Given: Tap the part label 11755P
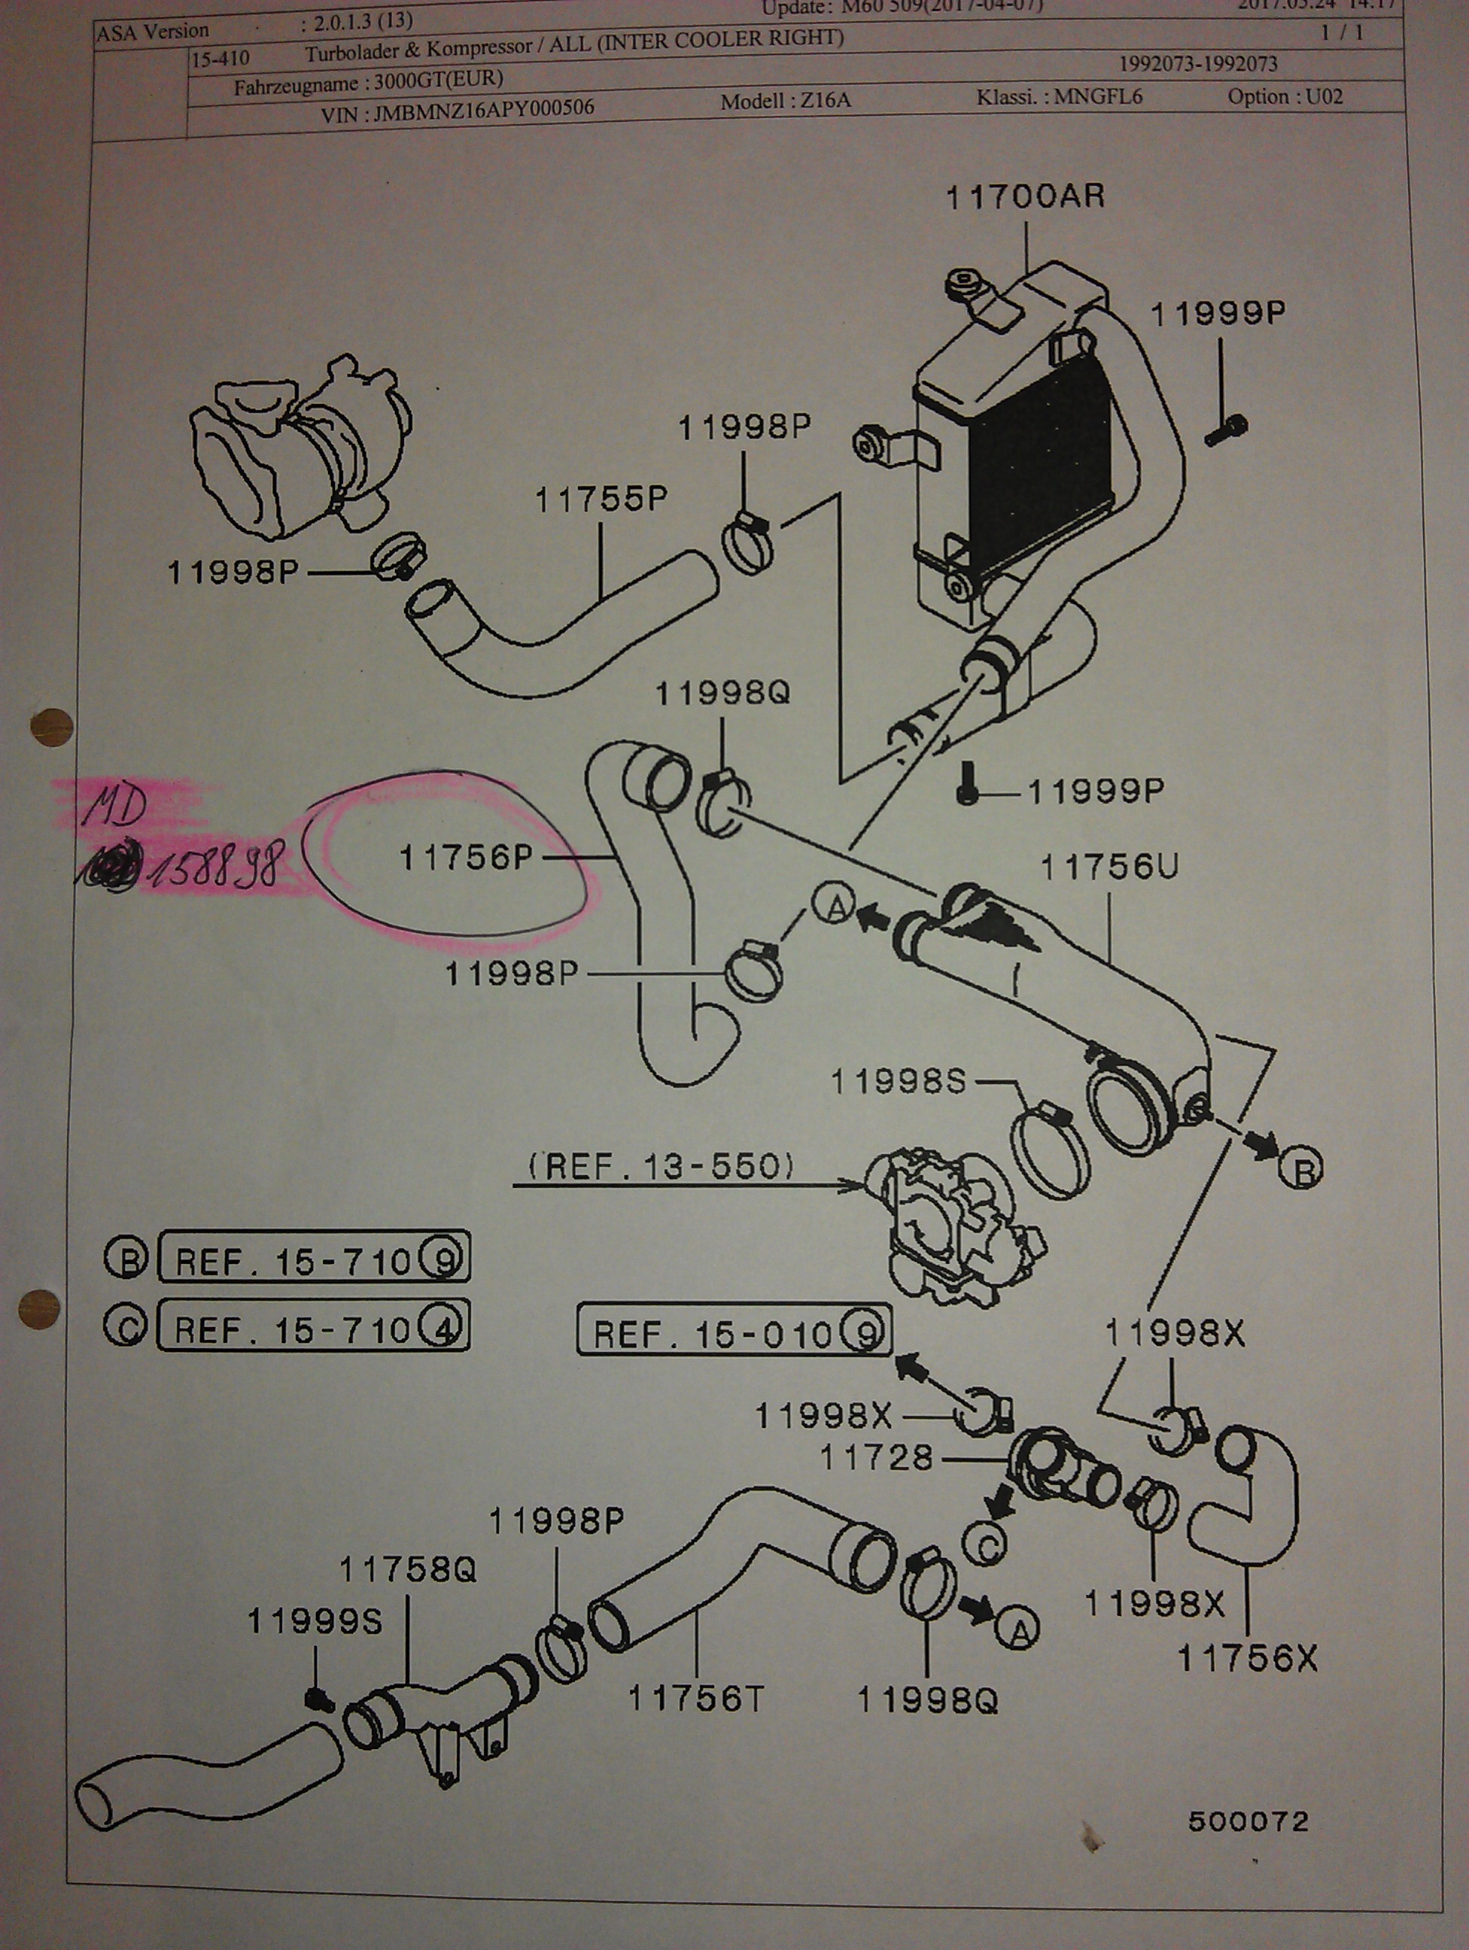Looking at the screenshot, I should [601, 500].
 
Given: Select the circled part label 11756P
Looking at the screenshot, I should [467, 857].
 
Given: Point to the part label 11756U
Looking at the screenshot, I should [1109, 867].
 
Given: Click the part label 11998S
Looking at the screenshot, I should [899, 1082].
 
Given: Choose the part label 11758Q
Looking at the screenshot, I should [407, 1569].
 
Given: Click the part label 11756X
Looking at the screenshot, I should [1248, 1660].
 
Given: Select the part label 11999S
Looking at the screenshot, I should [314, 1620].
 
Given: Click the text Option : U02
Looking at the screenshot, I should [1285, 97].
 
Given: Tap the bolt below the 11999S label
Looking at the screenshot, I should [318, 1698].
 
